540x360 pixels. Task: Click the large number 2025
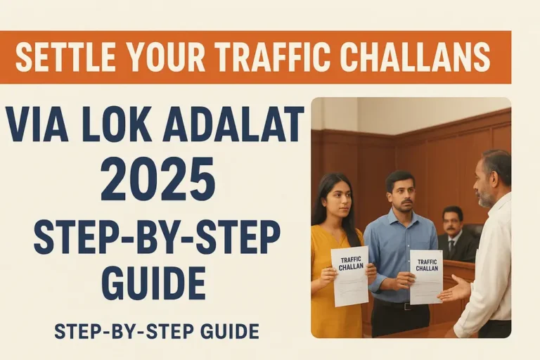(157, 178)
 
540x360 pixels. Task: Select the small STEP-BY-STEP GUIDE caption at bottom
(156, 330)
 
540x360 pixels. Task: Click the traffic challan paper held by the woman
(350, 275)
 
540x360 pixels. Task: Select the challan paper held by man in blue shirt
(426, 276)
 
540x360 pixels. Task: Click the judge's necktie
(451, 245)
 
